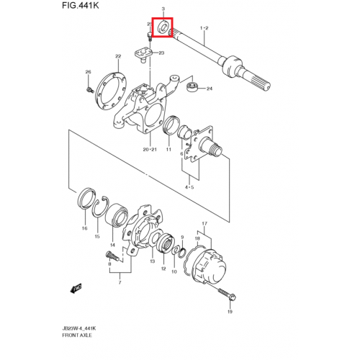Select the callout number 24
coord(210,89)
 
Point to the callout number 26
coord(88,72)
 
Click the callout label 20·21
coord(150,150)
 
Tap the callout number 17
coord(204,224)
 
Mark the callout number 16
coord(84,228)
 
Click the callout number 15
coord(98,236)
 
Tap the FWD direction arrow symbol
coord(75,287)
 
